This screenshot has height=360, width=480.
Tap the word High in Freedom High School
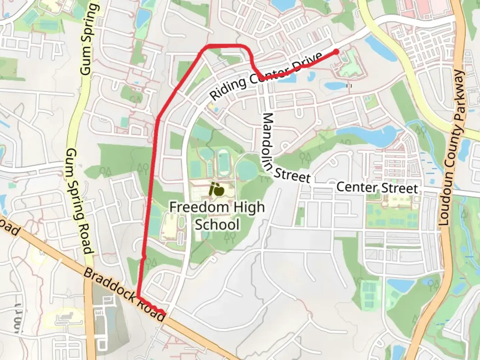tap(249, 207)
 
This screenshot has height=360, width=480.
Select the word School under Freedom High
tap(217, 224)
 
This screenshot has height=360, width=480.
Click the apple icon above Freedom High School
tap(217, 190)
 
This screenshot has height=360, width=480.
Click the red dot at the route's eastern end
tap(336, 52)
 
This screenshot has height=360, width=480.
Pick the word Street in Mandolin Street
tap(292, 175)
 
